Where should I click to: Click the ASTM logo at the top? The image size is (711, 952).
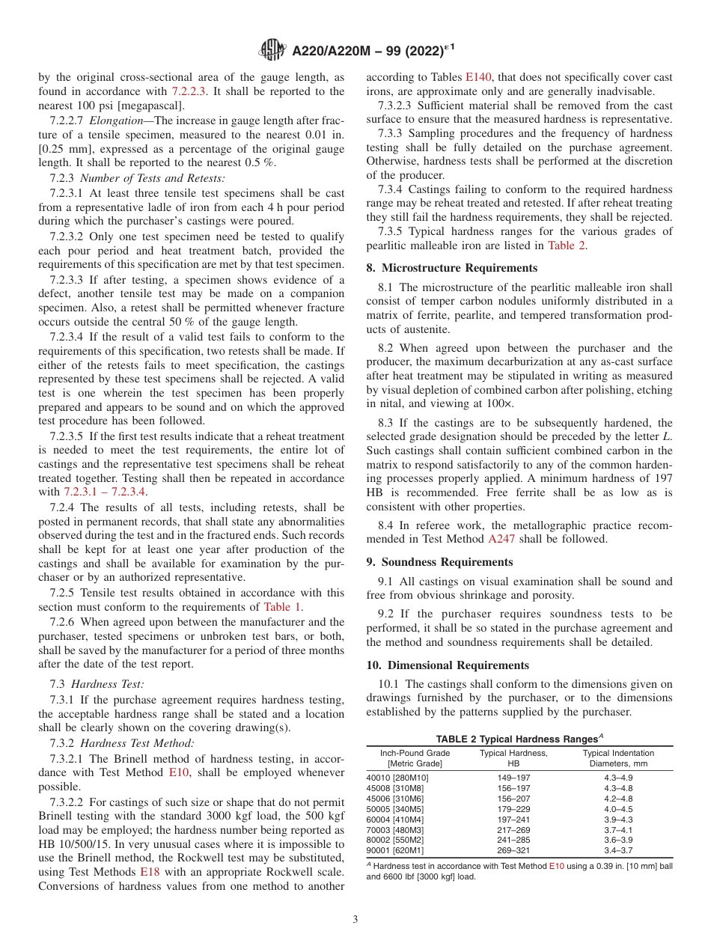tap(272, 50)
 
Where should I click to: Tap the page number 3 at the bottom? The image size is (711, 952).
tap(355, 919)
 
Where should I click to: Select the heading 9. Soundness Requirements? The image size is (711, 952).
tap(439, 562)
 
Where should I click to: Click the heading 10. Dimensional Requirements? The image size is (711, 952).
tap(448, 665)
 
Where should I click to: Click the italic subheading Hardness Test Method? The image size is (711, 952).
tap(137, 743)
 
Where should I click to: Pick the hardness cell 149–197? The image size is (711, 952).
tap(513, 778)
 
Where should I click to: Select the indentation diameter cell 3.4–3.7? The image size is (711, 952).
tap(617, 851)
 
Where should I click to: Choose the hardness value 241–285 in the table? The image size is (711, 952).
tap(513, 840)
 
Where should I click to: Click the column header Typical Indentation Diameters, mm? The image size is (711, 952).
tap(617, 758)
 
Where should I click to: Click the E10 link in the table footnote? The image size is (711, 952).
tap(556, 865)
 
